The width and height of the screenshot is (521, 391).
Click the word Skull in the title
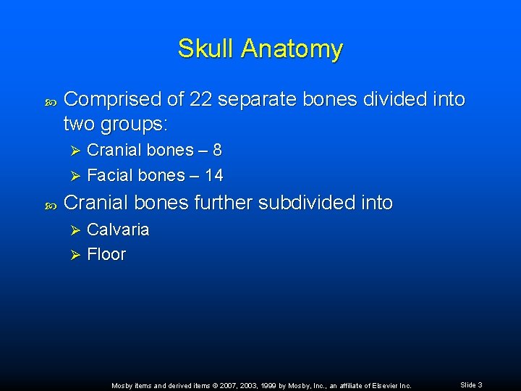click(x=207, y=49)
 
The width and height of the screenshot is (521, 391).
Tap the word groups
click(x=137, y=125)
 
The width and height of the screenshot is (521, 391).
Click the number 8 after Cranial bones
click(x=217, y=151)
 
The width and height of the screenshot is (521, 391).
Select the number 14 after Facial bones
click(x=213, y=175)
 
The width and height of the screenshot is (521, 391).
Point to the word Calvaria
click(x=118, y=230)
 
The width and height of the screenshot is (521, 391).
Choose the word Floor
click(x=106, y=255)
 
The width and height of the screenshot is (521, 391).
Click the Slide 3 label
click(x=471, y=384)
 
